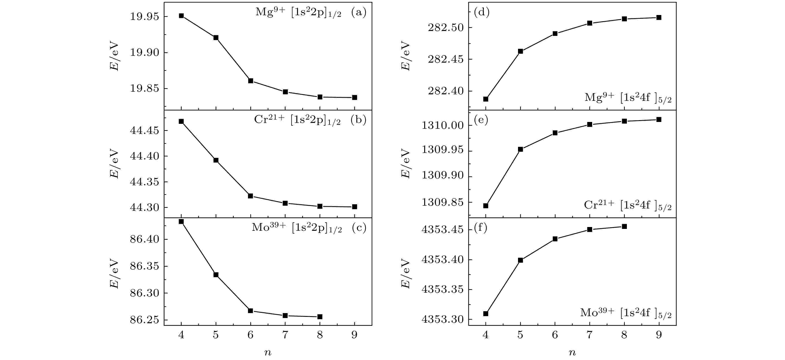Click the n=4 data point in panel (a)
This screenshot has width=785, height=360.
pos(181,16)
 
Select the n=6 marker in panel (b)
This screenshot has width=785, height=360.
pos(251,196)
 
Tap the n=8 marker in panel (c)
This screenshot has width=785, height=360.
pos(320,317)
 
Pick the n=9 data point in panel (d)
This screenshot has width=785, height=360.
pos(659,17)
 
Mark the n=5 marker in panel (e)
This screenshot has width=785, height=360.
pos(521,149)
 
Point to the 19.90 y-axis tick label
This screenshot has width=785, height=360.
pos(145,52)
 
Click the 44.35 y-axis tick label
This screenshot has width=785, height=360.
pos(145,182)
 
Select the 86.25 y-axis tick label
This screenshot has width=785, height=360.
pos(145,320)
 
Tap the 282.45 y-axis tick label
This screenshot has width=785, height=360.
pos(446,59)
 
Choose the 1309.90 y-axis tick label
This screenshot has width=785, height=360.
pos(442,175)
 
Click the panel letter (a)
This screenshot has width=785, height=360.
pos(359,12)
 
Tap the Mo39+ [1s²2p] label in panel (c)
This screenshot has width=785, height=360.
pos(297,227)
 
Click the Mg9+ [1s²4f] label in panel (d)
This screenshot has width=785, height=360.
pos(628,98)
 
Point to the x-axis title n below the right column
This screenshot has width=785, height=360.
pos(572,353)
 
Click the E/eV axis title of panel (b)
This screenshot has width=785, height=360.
pos(114,163)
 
